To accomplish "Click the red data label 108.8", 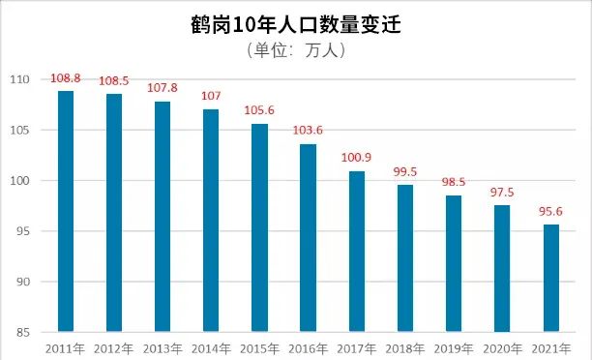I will click(66, 76).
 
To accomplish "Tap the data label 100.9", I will click(356, 157).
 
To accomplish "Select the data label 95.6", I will click(550, 210).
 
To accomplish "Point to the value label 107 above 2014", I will click(211, 95).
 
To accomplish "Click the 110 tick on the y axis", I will click(18, 79).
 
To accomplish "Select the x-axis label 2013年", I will click(163, 347).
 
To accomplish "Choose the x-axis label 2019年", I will click(454, 347).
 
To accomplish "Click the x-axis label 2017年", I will click(356, 347).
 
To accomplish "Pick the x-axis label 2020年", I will click(502, 347).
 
